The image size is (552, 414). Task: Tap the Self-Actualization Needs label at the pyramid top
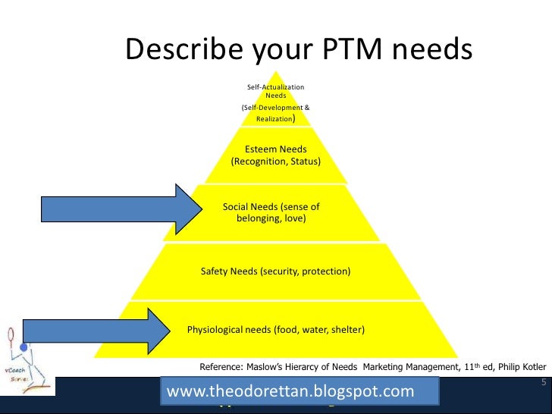(275, 92)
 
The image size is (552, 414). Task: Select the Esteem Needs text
(275, 149)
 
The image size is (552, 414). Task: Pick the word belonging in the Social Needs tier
(259, 218)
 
